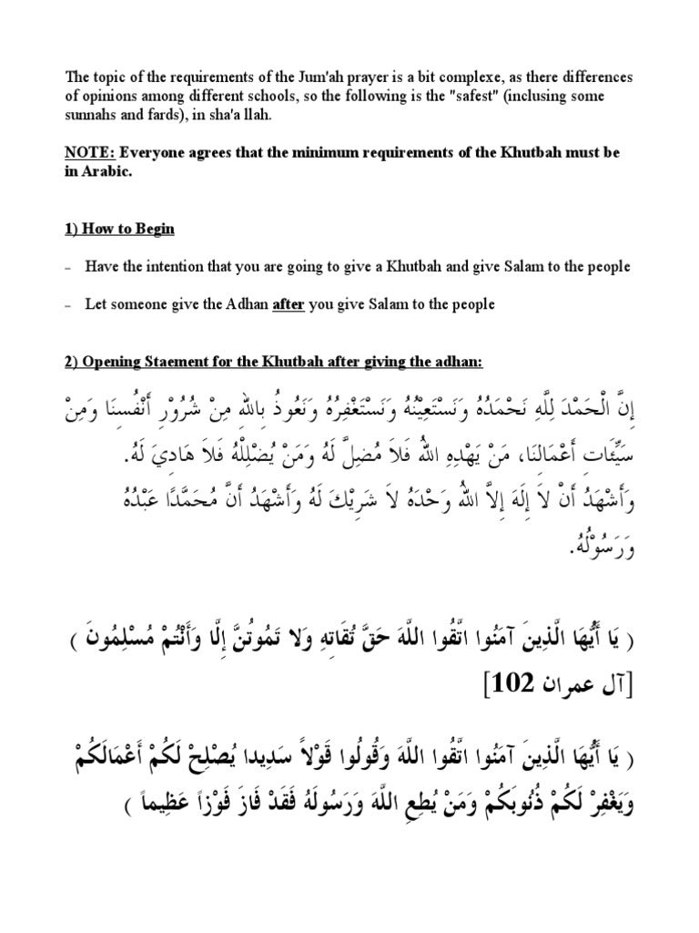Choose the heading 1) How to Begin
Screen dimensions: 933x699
pos(119,228)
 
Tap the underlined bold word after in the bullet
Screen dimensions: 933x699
pos(288,305)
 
